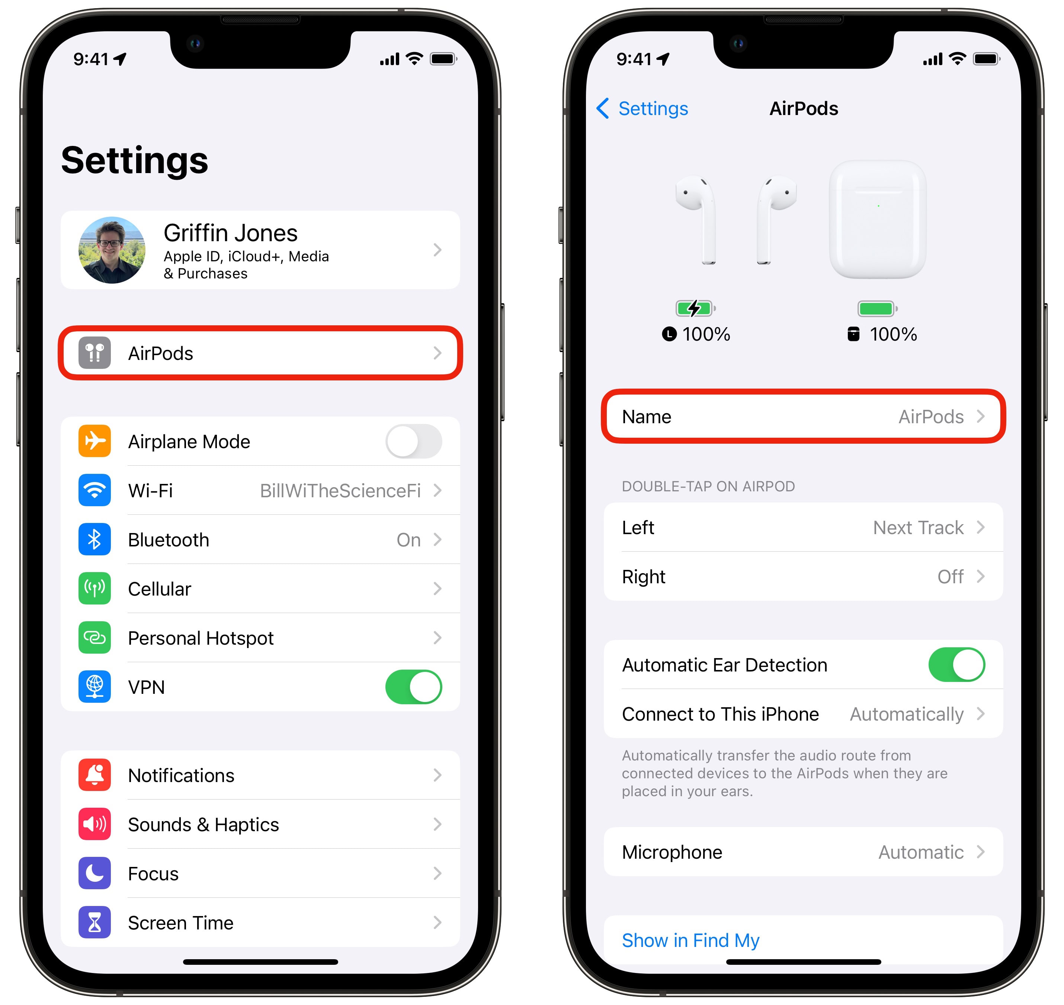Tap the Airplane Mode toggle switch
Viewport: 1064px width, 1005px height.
[x=413, y=441]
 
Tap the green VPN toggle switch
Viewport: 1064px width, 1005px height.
[x=413, y=687]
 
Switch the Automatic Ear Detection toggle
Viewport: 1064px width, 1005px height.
[x=956, y=665]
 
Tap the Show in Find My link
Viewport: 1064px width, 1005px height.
[x=690, y=941]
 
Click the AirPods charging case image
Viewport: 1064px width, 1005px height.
[x=877, y=219]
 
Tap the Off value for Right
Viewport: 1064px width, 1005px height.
[x=950, y=577]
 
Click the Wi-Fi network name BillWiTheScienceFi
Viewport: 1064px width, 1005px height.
[x=340, y=491]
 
